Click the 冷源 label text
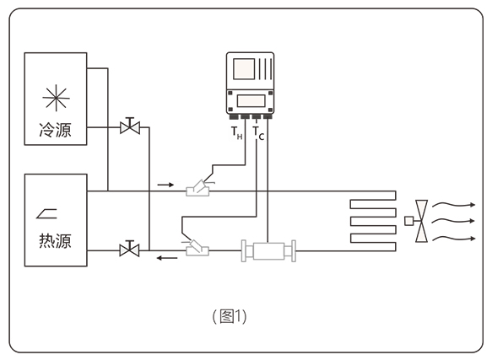click(55, 130)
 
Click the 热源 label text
click(55, 241)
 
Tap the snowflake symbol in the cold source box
click(56, 98)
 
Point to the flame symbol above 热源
click(46, 213)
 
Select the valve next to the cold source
click(130, 126)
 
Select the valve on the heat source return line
click(130, 249)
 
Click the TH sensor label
click(237, 132)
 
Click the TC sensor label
click(258, 133)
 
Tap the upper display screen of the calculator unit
click(244, 69)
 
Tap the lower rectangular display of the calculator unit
click(251, 101)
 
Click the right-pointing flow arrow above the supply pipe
click(165, 185)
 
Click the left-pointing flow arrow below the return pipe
click(167, 258)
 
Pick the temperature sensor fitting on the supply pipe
click(198, 188)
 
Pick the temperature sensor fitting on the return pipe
click(197, 248)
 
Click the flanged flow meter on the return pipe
click(268, 250)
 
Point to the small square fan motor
click(408, 221)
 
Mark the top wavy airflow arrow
click(454, 205)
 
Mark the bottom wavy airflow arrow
click(454, 239)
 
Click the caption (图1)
click(230, 316)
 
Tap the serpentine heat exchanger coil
click(373, 221)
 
